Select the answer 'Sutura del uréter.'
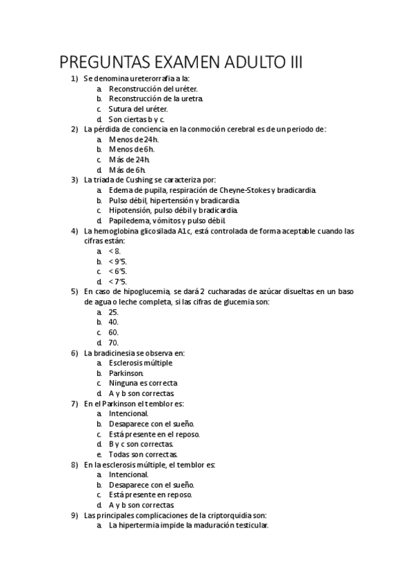pyautogui.click(x=138, y=109)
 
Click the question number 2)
pyautogui.click(x=74, y=129)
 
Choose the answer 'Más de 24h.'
pyautogui.click(x=129, y=159)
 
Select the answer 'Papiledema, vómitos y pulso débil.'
pyautogui.click(x=168, y=220)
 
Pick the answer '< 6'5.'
pyautogui.click(x=118, y=271)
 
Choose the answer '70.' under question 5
pyautogui.click(x=114, y=342)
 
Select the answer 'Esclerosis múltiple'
pyautogui.click(x=141, y=363)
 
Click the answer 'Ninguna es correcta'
pyautogui.click(x=143, y=383)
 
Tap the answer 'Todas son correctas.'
pyautogui.click(x=143, y=455)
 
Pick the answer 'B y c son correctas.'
pyautogui.click(x=141, y=444)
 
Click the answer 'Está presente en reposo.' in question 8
pyautogui.click(x=150, y=494)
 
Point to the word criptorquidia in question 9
pyautogui.click(x=217, y=515)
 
